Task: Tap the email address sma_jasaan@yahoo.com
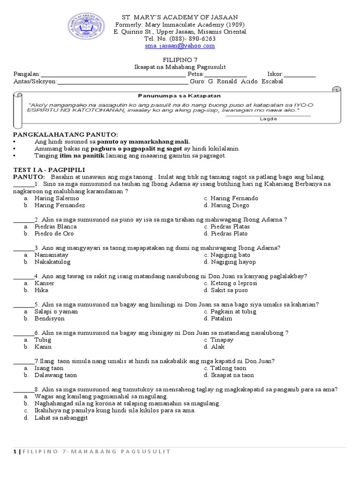coord(180,46)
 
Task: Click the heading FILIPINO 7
coord(180,60)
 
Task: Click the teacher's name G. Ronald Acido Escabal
coord(245,82)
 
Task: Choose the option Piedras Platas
coord(230,227)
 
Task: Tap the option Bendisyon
coord(49,319)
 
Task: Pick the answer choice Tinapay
coord(222,340)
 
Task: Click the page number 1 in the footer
coord(15,451)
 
